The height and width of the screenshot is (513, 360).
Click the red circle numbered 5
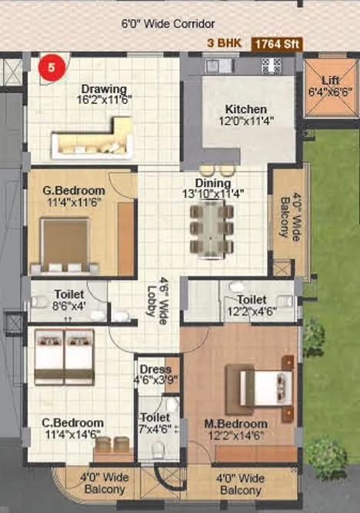click(x=52, y=67)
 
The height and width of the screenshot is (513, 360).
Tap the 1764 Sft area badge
click(x=282, y=45)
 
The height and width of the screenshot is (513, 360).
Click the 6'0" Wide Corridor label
click(x=168, y=25)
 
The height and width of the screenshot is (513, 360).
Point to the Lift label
click(x=330, y=79)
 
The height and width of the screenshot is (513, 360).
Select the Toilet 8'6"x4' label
click(x=69, y=298)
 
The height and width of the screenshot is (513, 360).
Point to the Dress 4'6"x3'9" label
click(x=157, y=372)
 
